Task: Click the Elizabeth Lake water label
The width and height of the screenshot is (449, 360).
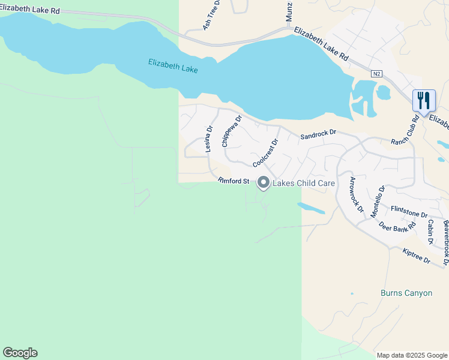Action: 173,66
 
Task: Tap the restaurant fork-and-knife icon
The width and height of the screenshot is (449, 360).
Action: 424,100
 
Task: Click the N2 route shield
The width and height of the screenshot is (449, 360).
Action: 376,73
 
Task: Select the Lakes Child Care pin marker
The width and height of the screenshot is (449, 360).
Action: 263,182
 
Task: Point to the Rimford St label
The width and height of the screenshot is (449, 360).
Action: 234,181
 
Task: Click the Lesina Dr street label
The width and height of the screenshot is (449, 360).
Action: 209,139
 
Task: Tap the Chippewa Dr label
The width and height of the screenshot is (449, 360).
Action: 231,131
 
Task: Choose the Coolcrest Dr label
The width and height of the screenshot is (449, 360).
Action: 266,154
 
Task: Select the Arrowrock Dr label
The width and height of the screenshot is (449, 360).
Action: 357,195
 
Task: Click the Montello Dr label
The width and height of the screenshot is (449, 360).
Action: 376,200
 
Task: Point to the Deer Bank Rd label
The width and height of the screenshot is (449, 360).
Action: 397,227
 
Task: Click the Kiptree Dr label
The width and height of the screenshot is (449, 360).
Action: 417,256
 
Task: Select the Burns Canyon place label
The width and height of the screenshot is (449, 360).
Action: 406,293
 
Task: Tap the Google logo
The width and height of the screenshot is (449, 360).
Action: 20,353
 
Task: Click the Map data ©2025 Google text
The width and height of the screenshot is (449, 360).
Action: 412,355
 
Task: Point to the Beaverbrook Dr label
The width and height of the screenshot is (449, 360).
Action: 446,242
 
